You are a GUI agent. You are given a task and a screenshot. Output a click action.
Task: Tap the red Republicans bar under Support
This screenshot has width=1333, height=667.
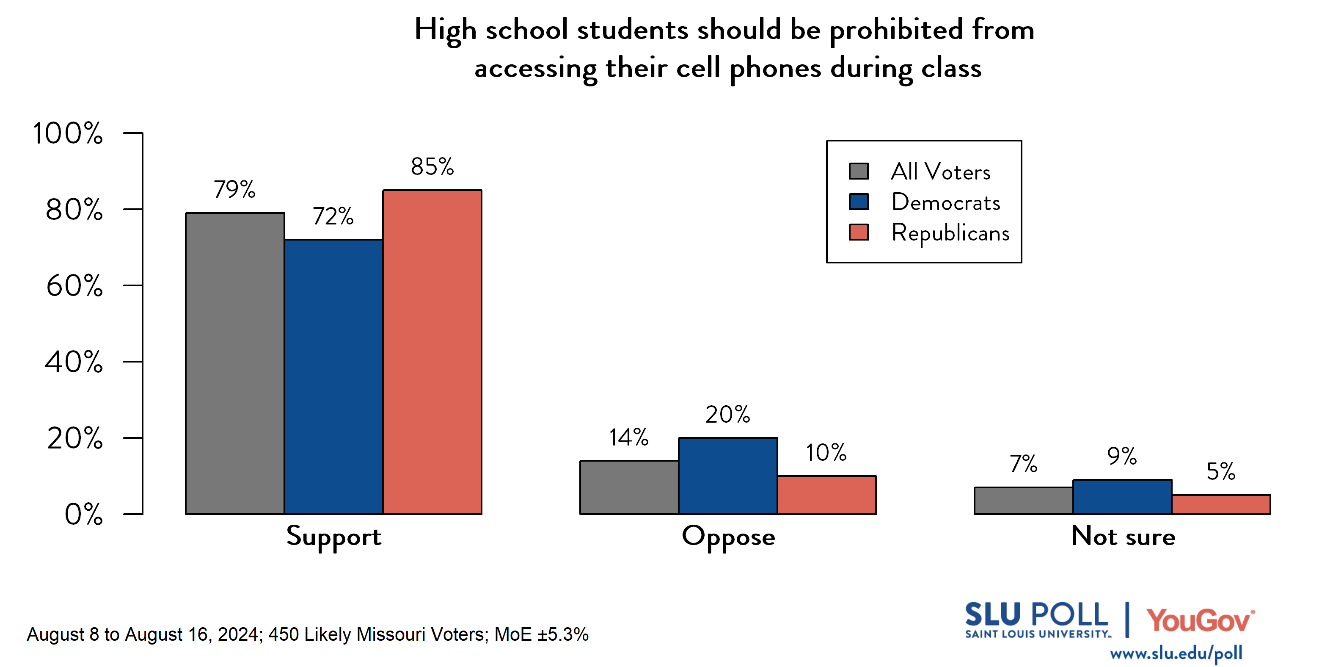point(432,352)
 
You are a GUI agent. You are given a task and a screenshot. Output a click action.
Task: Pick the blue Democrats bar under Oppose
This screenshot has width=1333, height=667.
point(727,476)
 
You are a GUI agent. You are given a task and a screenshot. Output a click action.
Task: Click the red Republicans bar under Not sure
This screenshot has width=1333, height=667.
point(1221,504)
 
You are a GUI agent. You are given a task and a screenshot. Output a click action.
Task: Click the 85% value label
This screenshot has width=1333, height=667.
point(432,167)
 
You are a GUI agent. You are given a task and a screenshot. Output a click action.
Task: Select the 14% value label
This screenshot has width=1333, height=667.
point(628,437)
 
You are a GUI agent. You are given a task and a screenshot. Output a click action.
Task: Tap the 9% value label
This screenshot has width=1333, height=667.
point(1121,456)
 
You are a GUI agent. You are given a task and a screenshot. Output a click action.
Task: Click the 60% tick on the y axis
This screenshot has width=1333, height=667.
point(74,285)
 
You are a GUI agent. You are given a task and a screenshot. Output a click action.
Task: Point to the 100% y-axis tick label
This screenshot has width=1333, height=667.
point(68,133)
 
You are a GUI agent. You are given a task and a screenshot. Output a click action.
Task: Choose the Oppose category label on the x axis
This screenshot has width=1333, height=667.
point(728,537)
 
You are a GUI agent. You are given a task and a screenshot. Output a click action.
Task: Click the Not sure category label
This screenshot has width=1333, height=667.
point(1123,537)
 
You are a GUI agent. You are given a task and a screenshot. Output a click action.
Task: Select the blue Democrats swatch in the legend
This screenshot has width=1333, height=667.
point(859,202)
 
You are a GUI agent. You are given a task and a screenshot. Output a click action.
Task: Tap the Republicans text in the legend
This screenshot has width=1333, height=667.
point(950,232)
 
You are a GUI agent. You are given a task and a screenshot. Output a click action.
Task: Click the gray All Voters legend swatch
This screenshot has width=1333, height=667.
point(859,171)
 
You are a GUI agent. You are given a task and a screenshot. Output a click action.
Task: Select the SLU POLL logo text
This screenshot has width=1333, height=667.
point(1036,615)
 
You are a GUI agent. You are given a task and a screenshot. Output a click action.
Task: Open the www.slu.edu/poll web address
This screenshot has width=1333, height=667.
point(1176,653)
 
